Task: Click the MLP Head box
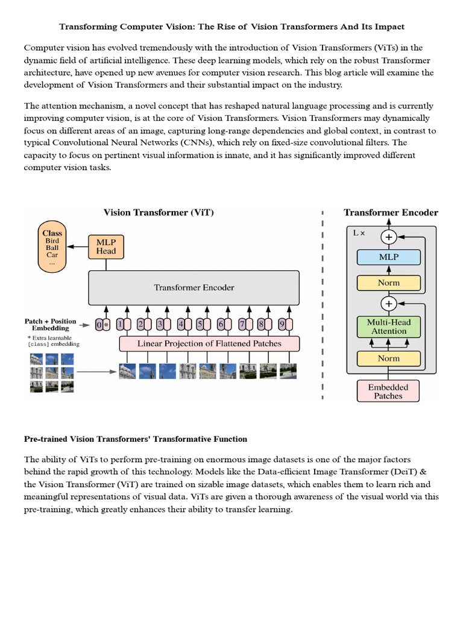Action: tap(106, 246)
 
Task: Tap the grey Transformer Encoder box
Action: tap(194, 288)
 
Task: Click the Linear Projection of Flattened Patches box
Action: tap(209, 343)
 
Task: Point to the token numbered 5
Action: tap(200, 325)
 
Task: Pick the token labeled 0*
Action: tap(102, 325)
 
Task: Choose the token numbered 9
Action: tap(281, 325)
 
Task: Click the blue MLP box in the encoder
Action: tap(388, 257)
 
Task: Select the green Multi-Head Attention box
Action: tap(388, 327)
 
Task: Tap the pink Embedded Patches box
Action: tap(388, 391)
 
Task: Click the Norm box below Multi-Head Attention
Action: tap(388, 358)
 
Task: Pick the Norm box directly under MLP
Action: tap(388, 282)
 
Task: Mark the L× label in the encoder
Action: tap(359, 232)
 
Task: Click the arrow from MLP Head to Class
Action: tap(77, 246)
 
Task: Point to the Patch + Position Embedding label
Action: tap(51, 325)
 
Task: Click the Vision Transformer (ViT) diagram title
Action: tap(159, 212)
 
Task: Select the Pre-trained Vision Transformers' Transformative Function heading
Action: tap(136, 439)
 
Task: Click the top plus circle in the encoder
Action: tap(388, 237)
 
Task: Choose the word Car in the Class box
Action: tap(52, 255)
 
